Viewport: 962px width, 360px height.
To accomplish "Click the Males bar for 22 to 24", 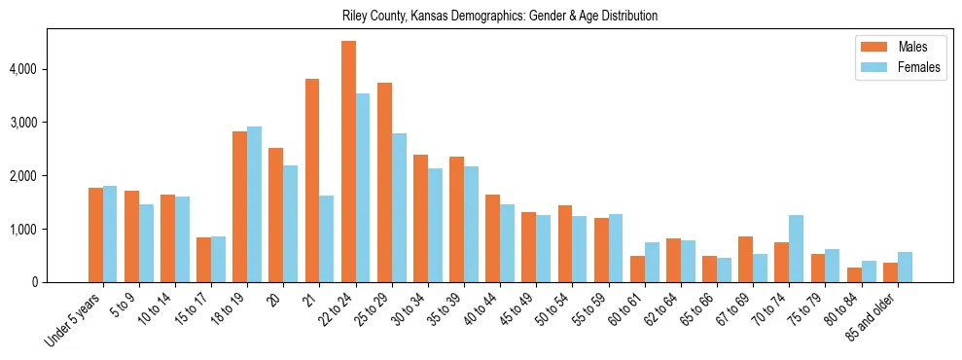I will [348, 162].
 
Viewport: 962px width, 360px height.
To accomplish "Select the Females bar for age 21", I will [327, 239].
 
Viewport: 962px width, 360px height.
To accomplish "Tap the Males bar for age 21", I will [312, 181].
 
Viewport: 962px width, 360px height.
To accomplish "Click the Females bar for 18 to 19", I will [254, 204].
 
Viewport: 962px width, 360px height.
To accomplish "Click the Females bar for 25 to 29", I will [399, 208].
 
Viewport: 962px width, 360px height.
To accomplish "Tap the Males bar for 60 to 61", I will [637, 270].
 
